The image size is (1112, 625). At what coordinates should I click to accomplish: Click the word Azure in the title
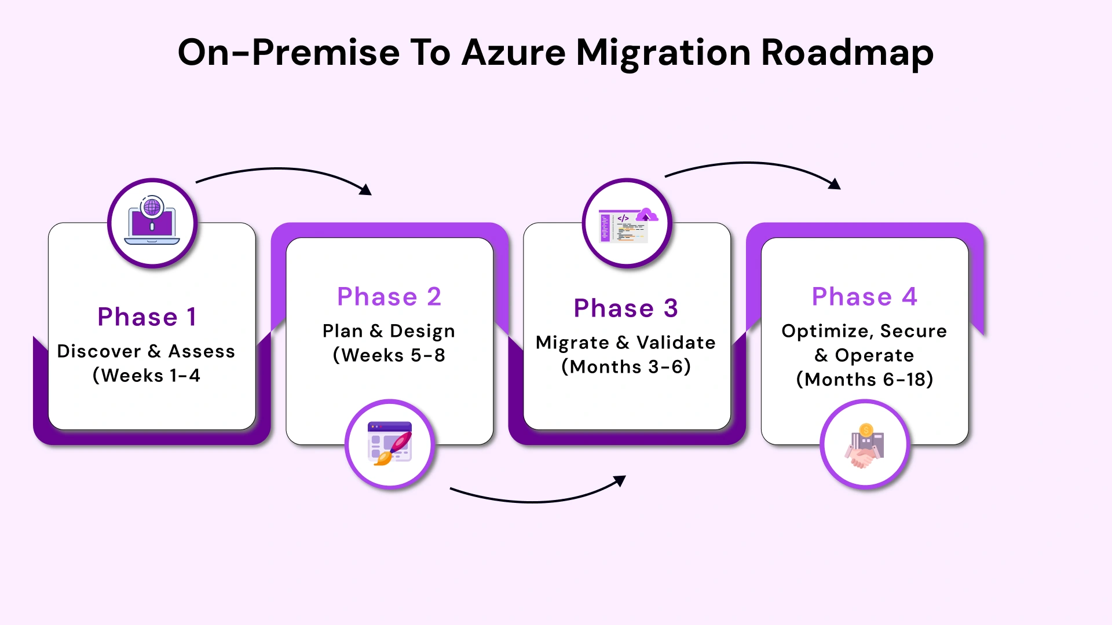click(513, 52)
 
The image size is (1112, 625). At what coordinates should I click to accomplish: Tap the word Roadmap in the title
click(847, 53)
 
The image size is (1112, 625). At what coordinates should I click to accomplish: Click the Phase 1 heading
click(147, 317)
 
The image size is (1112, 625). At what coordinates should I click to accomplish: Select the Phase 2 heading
click(389, 296)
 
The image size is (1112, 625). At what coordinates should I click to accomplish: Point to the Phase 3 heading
click(625, 308)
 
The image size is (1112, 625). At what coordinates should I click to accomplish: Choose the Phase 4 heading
click(864, 296)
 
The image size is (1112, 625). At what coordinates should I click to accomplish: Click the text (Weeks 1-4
click(146, 376)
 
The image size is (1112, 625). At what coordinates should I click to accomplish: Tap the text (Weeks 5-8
click(389, 355)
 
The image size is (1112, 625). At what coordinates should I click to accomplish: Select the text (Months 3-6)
click(625, 367)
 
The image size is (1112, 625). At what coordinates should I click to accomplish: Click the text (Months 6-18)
click(864, 380)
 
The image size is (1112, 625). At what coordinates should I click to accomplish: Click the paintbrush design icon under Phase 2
click(390, 444)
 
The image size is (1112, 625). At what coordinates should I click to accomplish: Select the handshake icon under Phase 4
click(865, 445)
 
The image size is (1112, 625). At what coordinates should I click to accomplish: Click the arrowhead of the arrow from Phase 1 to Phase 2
click(367, 190)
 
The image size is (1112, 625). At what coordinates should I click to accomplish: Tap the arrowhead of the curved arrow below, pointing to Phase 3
click(621, 480)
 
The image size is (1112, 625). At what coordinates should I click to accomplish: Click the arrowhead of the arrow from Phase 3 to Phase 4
click(835, 185)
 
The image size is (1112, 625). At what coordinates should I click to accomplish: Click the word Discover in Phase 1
click(99, 351)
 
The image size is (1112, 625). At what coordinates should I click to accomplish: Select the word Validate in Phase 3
click(676, 343)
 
